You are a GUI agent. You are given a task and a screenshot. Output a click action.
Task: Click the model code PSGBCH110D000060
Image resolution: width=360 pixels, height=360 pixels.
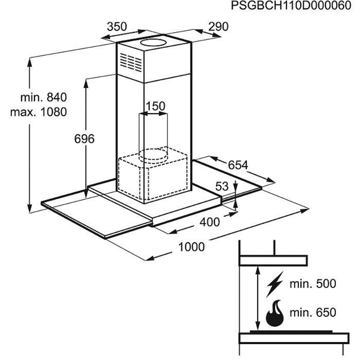(x=291, y=6)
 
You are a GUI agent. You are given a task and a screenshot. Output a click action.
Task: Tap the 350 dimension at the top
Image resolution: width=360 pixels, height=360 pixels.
(x=117, y=27)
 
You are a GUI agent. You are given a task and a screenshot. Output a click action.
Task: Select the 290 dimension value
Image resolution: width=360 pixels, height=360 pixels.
(x=219, y=27)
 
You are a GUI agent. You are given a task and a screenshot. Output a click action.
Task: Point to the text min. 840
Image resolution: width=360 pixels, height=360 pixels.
(x=44, y=97)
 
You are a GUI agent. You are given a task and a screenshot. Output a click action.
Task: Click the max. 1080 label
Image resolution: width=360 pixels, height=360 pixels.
(x=39, y=112)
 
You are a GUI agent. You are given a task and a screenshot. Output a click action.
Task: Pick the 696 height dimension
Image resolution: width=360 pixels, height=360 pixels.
(x=84, y=139)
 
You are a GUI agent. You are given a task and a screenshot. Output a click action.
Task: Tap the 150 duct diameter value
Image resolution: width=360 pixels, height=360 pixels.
(x=155, y=106)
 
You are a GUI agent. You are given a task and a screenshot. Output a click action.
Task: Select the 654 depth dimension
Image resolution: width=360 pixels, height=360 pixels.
(x=238, y=165)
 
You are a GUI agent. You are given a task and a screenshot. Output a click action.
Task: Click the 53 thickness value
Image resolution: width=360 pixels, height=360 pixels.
(x=222, y=186)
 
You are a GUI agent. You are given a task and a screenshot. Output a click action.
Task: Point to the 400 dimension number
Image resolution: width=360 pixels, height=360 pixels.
(x=210, y=222)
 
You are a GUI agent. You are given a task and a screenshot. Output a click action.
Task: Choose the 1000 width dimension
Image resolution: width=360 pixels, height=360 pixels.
(x=191, y=247)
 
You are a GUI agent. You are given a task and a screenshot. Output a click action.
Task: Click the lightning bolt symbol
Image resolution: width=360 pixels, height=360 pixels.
(x=275, y=284)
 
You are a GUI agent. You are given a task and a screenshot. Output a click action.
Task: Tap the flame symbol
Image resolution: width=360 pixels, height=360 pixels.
(x=275, y=313)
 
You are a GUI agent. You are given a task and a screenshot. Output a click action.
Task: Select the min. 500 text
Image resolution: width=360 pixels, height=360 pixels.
(x=313, y=284)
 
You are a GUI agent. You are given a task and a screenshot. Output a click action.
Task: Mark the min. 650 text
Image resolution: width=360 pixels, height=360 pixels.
(x=313, y=313)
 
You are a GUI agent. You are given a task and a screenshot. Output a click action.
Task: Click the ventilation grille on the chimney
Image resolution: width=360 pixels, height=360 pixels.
(x=131, y=62)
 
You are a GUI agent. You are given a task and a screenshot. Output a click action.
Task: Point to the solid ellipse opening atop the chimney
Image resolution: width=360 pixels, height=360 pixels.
(x=153, y=43)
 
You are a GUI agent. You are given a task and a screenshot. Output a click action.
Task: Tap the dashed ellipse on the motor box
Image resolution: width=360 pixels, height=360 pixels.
(x=153, y=154)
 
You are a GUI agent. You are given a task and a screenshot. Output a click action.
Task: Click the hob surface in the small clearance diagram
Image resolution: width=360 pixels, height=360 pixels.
(x=291, y=332)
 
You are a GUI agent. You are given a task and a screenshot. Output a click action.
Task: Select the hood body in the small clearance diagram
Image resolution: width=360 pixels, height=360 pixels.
(x=273, y=261)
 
